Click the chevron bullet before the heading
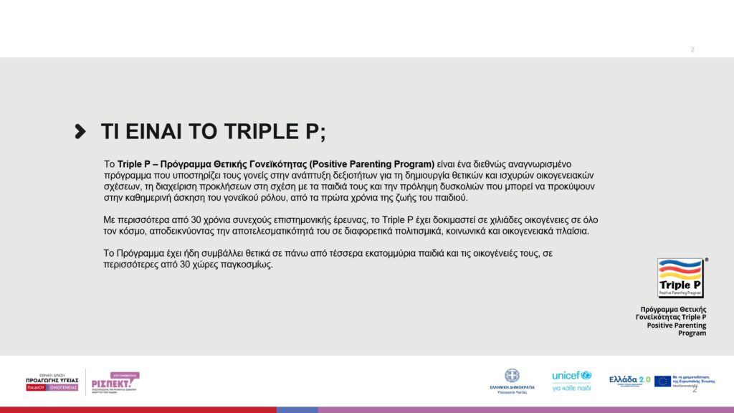[81, 131]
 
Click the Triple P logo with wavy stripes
[680, 277]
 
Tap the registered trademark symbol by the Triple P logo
[706, 260]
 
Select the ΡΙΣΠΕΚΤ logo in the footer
[115, 382]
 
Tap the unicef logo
[571, 376]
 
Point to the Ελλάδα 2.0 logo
[629, 379]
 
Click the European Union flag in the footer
[662, 381]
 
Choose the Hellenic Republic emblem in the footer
[512, 375]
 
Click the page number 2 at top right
[692, 49]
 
